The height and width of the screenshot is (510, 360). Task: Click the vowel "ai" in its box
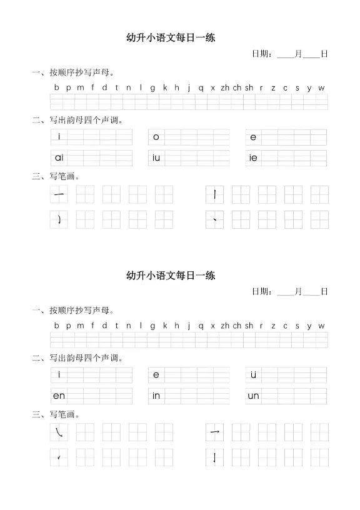pos(59,157)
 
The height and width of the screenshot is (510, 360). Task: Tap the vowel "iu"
pos(156,157)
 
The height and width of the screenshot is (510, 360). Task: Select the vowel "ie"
pos(253,158)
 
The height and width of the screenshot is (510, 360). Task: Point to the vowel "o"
pos(156,137)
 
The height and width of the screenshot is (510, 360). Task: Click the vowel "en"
pos(59,396)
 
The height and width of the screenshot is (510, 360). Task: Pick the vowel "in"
pos(156,396)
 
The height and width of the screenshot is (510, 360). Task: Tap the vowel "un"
pos(253,396)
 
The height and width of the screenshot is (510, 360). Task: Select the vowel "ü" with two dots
pos(253,374)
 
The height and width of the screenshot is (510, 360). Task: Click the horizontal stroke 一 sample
pos(59,195)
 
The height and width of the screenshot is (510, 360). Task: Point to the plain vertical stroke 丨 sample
pos(215,195)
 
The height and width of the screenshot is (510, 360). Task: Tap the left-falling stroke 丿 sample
pos(59,219)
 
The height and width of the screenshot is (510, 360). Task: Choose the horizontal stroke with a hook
pos(215,432)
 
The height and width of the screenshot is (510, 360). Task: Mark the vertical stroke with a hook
pos(215,457)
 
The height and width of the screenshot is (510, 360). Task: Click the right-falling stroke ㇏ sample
pos(59,432)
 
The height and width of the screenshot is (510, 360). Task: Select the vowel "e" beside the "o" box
pos(253,137)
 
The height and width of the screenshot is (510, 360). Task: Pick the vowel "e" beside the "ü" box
pos(156,374)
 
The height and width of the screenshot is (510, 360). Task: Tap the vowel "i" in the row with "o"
pos(59,137)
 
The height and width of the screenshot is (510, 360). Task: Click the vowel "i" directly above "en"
pos(59,374)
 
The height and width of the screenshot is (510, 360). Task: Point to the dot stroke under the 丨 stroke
pos(215,219)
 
